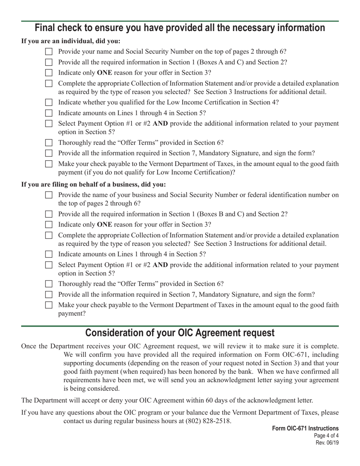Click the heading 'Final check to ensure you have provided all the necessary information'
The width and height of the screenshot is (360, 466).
pyautogui.click(x=180, y=28)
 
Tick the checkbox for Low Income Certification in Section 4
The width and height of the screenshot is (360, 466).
pyautogui.click(x=49, y=102)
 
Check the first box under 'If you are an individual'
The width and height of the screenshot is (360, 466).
pyautogui.click(x=49, y=52)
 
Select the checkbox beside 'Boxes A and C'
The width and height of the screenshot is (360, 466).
pyautogui.click(x=49, y=62)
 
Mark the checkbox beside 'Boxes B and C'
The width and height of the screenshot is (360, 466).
pyautogui.click(x=49, y=214)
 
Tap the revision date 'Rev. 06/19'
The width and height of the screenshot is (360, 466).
pyautogui.click(x=327, y=443)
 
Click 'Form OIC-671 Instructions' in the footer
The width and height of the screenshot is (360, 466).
pyautogui.click(x=305, y=428)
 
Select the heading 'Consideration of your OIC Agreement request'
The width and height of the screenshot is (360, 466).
pyautogui.click(x=180, y=333)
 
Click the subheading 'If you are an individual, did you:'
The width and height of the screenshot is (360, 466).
pyautogui.click(x=71, y=41)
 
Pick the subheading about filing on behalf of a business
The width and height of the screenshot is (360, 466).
pyautogui.click(x=94, y=185)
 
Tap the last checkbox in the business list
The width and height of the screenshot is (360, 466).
pyautogui.click(x=49, y=305)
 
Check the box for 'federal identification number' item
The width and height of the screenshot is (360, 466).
pyautogui.click(x=49, y=195)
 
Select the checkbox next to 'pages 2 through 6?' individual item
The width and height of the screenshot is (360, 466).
pyautogui.click(x=49, y=52)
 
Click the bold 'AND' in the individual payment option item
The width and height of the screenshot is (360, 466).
pyautogui.click(x=160, y=124)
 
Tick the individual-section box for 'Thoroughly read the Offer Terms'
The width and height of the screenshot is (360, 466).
pyautogui.click(x=49, y=143)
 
